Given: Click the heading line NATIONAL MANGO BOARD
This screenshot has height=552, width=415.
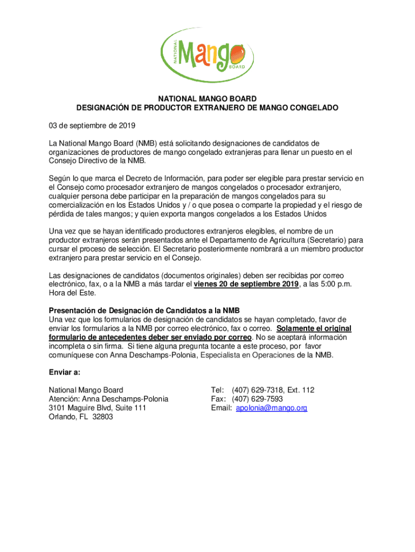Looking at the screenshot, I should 207,99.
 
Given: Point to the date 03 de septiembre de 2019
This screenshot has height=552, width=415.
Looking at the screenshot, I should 92,126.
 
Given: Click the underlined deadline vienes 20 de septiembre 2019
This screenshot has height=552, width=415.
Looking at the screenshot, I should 246,284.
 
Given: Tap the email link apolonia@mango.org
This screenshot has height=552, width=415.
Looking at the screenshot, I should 272,408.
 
